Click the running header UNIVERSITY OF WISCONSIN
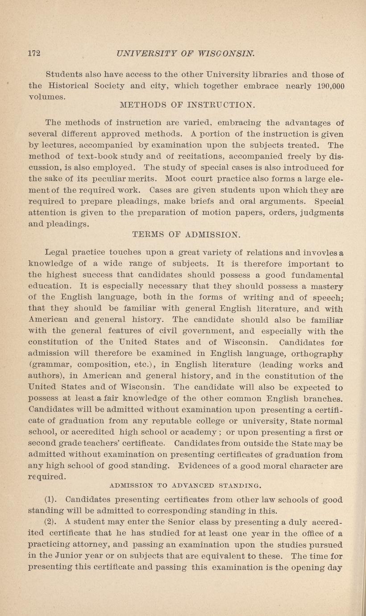tap(185, 54)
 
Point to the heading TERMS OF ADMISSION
tap(187, 233)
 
